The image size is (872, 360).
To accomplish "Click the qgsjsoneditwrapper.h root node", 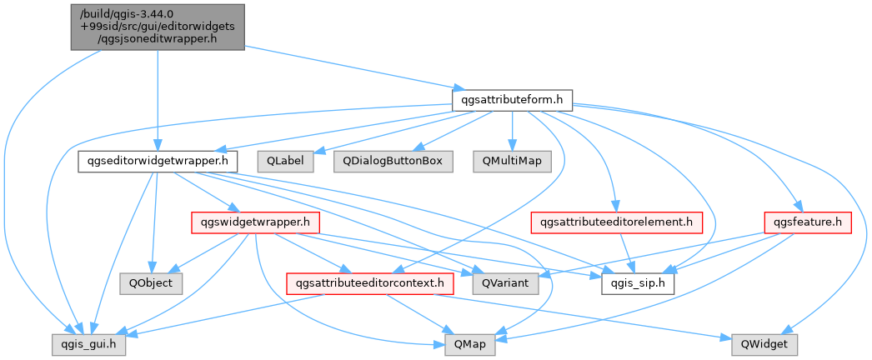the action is pyautogui.click(x=158, y=27).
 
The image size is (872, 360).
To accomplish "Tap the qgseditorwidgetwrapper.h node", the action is pyautogui.click(x=158, y=161).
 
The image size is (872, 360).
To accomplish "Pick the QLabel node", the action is pyautogui.click(x=285, y=161).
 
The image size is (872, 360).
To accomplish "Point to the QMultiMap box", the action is pyautogui.click(x=512, y=161).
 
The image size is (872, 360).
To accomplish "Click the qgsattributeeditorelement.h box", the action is pyautogui.click(x=617, y=222).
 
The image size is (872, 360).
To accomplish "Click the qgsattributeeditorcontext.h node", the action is pyautogui.click(x=370, y=284).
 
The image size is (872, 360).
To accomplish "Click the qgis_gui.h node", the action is pyautogui.click(x=88, y=345).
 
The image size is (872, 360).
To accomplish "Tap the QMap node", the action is pyautogui.click(x=469, y=345).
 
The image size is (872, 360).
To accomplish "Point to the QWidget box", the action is pyautogui.click(x=764, y=345).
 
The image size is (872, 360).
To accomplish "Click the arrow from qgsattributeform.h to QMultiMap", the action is pyautogui.click(x=512, y=131).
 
